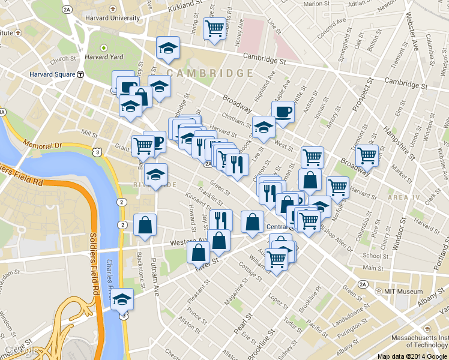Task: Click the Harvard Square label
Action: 52,74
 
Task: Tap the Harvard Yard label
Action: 104,57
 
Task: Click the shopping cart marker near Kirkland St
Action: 214,28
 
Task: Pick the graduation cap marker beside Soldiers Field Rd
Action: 123,298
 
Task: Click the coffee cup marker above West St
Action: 283,111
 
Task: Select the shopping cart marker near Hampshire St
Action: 367,155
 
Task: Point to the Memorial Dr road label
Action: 42,145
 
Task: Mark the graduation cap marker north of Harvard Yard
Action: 169,48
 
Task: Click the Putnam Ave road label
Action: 155,271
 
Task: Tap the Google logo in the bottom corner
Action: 18,349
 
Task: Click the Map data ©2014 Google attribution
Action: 412,356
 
